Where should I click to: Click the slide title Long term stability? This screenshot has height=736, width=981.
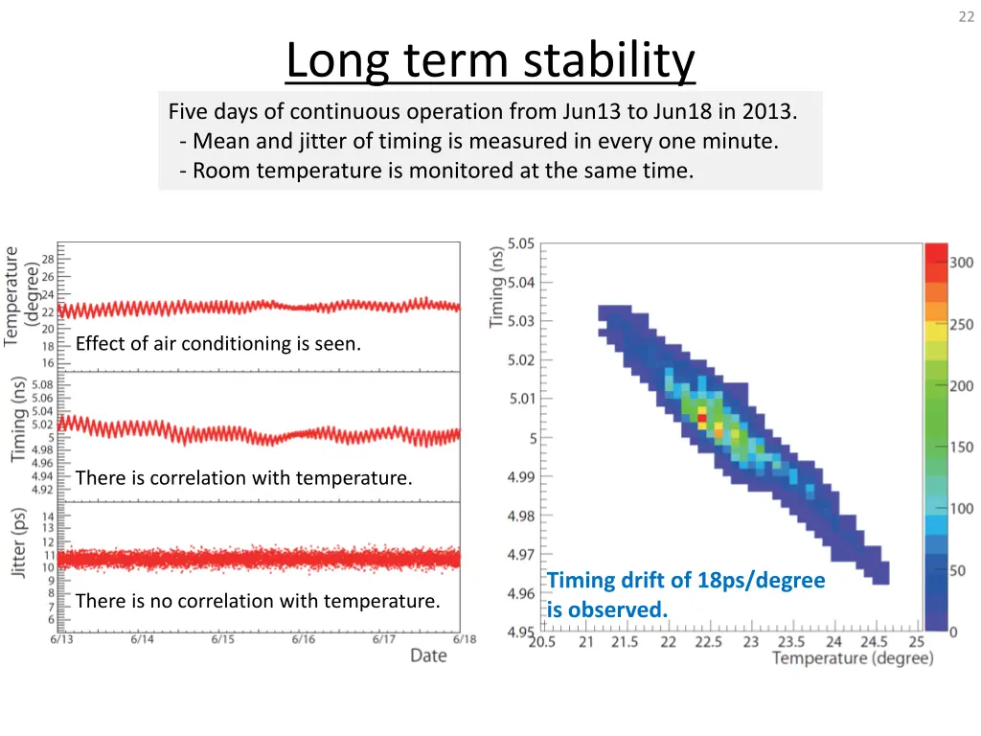(490, 62)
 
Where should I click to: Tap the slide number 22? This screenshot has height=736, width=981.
(965, 16)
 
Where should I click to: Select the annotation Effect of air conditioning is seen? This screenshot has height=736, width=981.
(218, 343)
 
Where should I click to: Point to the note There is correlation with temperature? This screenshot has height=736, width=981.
(243, 477)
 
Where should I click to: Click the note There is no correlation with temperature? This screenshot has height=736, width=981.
(257, 601)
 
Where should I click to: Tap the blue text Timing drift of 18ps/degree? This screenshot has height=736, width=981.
(686, 580)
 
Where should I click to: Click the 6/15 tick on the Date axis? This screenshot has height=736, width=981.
(222, 639)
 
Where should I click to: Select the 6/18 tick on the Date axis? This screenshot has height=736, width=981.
(465, 639)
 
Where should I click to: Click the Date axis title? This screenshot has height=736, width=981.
(428, 655)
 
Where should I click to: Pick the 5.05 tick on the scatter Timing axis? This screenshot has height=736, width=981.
(521, 243)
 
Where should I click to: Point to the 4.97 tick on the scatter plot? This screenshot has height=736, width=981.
(521, 554)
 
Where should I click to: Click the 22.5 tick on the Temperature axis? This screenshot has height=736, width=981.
(709, 642)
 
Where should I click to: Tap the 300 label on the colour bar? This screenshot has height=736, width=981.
(961, 263)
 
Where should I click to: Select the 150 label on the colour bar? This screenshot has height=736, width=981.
(961, 448)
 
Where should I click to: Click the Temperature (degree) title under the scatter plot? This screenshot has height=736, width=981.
(852, 658)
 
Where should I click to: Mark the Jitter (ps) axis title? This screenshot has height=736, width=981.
(19, 542)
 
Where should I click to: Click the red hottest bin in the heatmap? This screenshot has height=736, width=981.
(702, 418)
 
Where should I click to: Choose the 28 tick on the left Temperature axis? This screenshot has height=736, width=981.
(48, 260)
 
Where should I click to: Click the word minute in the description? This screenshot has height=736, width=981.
(746, 141)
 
